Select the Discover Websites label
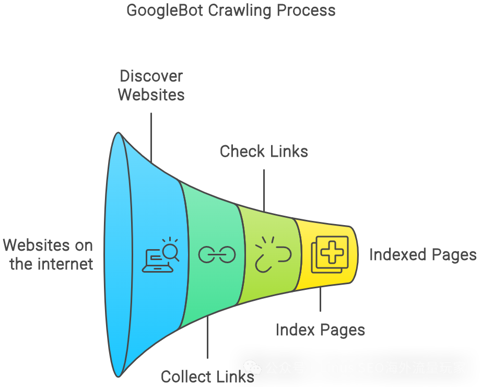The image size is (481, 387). (x=151, y=85)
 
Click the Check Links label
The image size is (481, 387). (x=264, y=151)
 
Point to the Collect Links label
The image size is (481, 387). (x=207, y=377)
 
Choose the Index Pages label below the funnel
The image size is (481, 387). (x=320, y=330)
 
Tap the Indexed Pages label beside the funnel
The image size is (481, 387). (x=423, y=255)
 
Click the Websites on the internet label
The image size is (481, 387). (x=49, y=254)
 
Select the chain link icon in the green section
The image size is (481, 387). (x=217, y=255)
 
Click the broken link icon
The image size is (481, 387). (x=273, y=254)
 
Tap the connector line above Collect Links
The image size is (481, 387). (x=207, y=337)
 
